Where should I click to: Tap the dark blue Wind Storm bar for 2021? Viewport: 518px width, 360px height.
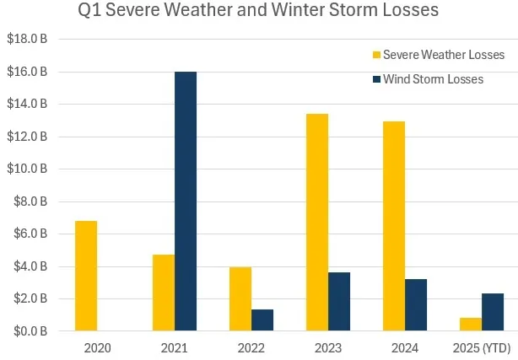tap(186, 201)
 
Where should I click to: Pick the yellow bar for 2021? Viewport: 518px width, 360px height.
tap(164, 293)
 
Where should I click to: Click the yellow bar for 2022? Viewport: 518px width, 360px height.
tap(240, 299)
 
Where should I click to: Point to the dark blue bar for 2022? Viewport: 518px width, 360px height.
tap(262, 320)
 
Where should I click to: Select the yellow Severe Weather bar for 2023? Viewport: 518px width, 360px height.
tap(317, 223)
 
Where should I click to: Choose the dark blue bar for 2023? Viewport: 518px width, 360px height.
tap(339, 302)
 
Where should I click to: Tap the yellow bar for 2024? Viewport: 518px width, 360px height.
tap(394, 227)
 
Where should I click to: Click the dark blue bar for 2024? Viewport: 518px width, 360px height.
tap(416, 305)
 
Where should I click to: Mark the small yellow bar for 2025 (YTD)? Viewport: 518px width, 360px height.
tap(471, 325)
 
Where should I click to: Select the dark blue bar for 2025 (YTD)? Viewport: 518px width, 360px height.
tap(493, 312)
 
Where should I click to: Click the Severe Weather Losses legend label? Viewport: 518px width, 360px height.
tap(444, 55)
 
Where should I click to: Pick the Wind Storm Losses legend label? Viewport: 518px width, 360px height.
tap(433, 79)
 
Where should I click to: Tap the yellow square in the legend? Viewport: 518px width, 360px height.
tap(376, 56)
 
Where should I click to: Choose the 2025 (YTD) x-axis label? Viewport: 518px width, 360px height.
tap(482, 347)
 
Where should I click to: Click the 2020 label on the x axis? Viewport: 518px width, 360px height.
tap(98, 347)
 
